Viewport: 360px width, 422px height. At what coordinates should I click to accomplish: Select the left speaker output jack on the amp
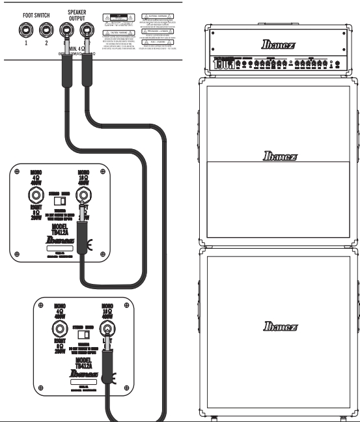point(66,30)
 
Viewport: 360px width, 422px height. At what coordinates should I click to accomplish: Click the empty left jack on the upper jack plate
point(31,197)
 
